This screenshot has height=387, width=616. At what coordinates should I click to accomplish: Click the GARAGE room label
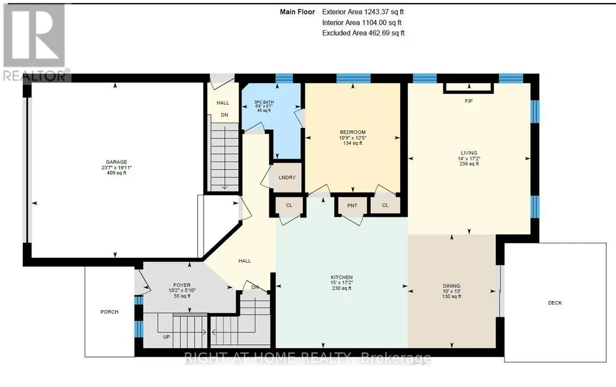pyautogui.click(x=116, y=162)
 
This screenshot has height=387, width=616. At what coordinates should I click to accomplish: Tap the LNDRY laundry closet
pyautogui.click(x=287, y=178)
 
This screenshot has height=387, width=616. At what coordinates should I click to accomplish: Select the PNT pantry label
pyautogui.click(x=352, y=206)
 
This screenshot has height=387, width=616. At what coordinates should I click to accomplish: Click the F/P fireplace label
pyautogui.click(x=469, y=101)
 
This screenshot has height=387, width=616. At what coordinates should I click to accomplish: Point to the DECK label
pyautogui.click(x=555, y=303)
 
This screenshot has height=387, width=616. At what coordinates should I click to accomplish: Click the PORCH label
pyautogui.click(x=109, y=312)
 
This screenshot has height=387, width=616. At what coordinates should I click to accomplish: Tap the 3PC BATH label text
pyautogui.click(x=264, y=102)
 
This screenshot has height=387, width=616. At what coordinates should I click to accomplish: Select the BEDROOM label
pyautogui.click(x=353, y=132)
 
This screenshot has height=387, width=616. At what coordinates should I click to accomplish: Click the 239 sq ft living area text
pyautogui.click(x=469, y=164)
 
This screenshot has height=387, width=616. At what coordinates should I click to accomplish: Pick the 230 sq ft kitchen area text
pyautogui.click(x=342, y=288)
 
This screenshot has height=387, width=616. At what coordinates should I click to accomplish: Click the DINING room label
pyautogui.click(x=451, y=286)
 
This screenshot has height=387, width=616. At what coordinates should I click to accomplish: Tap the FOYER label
pyautogui.click(x=182, y=285)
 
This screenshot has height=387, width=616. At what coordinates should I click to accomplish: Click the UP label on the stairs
pyautogui.click(x=166, y=337)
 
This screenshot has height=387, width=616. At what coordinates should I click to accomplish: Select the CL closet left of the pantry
pyautogui.click(x=289, y=206)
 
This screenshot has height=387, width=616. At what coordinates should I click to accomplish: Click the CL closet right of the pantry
pyautogui.click(x=385, y=206)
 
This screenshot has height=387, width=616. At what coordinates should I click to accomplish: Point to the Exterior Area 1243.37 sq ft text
pyautogui.click(x=363, y=12)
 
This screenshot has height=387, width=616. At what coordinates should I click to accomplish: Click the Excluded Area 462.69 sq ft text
pyautogui.click(x=364, y=33)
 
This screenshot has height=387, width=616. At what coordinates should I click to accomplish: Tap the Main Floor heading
pyautogui.click(x=297, y=12)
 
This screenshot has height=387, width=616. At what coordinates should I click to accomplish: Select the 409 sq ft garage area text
pyautogui.click(x=116, y=173)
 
